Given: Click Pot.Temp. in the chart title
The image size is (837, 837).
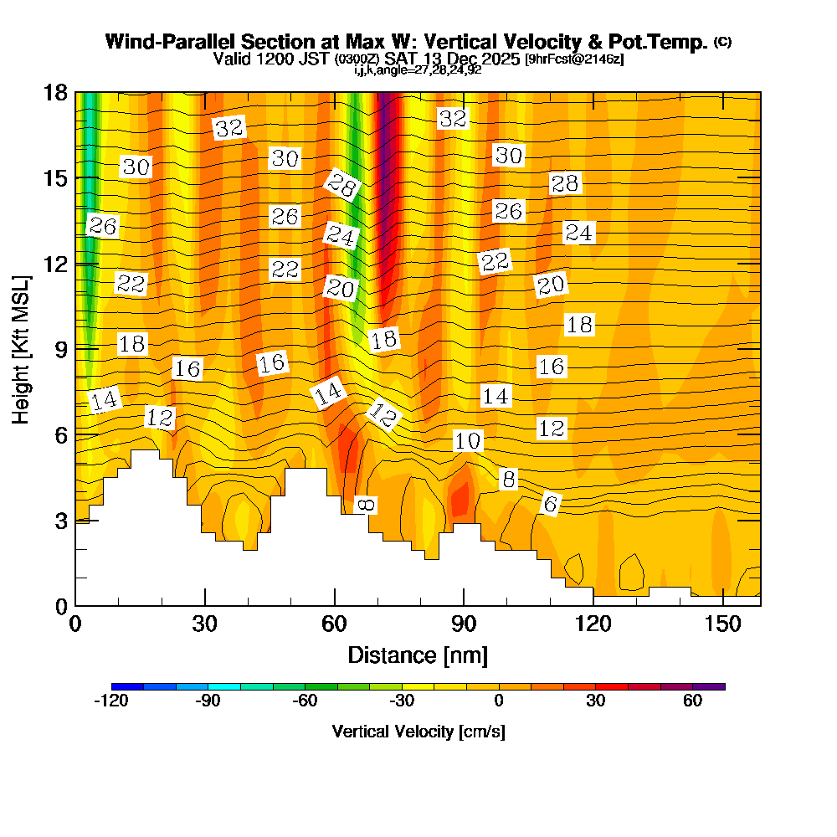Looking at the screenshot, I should pos(665,42).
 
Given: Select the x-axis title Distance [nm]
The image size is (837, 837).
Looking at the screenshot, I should pos(418,655).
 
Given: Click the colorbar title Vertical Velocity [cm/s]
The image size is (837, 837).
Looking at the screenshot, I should pos(418,732).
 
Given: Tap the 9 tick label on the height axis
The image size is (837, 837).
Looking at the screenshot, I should pos(61,348).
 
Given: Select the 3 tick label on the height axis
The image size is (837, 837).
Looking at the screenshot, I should pos(61,520).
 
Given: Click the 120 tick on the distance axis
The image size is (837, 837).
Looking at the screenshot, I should pos(593,624).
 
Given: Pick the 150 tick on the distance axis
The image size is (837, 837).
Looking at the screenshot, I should pos(722,624).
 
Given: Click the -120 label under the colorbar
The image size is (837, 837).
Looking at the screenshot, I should pos(110,701).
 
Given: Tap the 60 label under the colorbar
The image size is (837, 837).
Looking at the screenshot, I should pos(692,701).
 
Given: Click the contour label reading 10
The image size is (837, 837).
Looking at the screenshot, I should pos(469,441).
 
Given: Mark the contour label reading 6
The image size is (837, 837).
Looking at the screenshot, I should pos(550,504).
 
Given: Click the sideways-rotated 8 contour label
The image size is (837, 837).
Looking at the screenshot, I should pos(367,504).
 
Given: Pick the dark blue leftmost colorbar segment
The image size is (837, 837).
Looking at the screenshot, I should pos(127,686).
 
